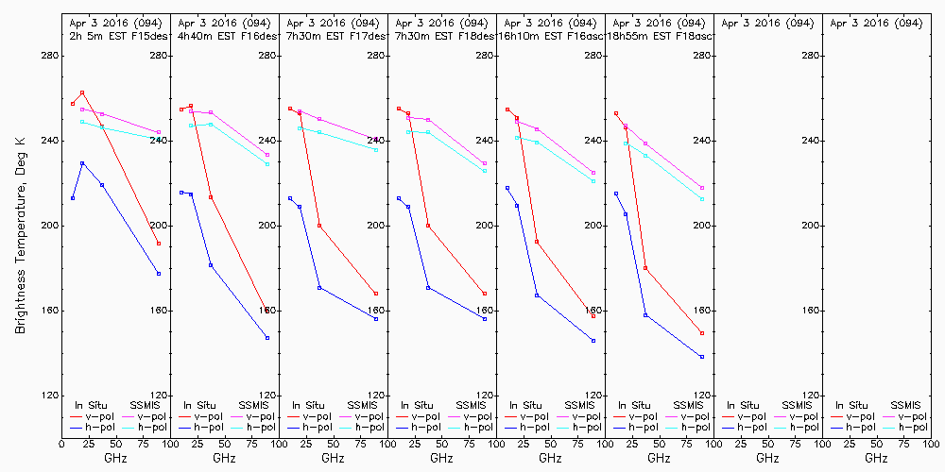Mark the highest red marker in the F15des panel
[82, 93]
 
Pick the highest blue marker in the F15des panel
[82, 163]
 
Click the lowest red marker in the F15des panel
[159, 244]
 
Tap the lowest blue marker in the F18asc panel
[702, 357]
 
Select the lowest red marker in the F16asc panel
[593, 316]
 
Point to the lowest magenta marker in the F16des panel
[267, 155]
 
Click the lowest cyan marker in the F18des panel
[485, 171]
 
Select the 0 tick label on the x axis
[61, 444]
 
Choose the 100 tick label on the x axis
[931, 444]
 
